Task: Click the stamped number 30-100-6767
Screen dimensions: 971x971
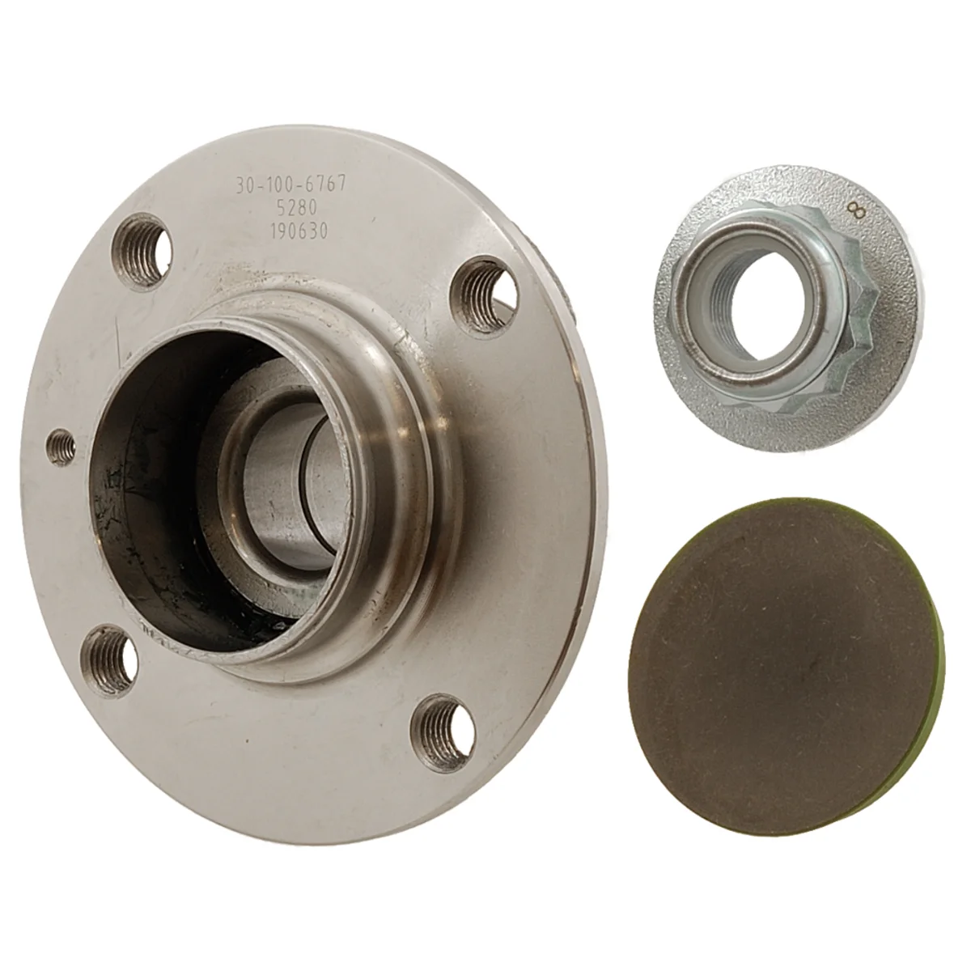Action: click(291, 185)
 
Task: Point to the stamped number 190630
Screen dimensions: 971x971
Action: click(299, 231)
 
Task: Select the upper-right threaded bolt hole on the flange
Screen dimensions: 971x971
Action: click(485, 296)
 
